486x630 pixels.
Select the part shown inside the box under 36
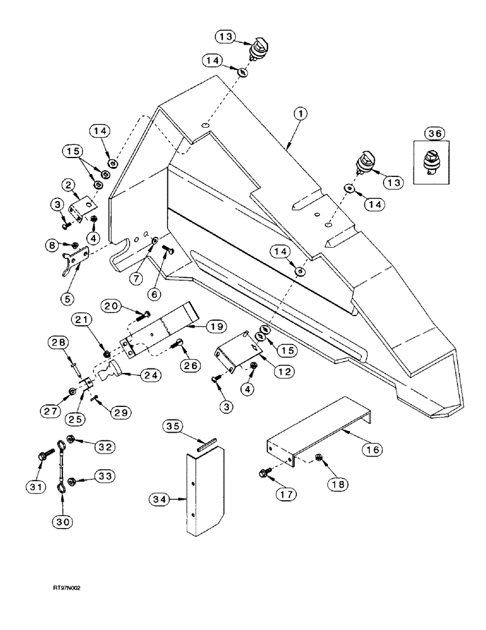[432, 162]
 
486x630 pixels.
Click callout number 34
[160, 501]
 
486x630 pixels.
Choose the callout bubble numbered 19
[217, 326]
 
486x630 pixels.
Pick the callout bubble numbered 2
[68, 183]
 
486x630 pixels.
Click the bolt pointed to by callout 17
[263, 471]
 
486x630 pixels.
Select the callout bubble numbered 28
[56, 342]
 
